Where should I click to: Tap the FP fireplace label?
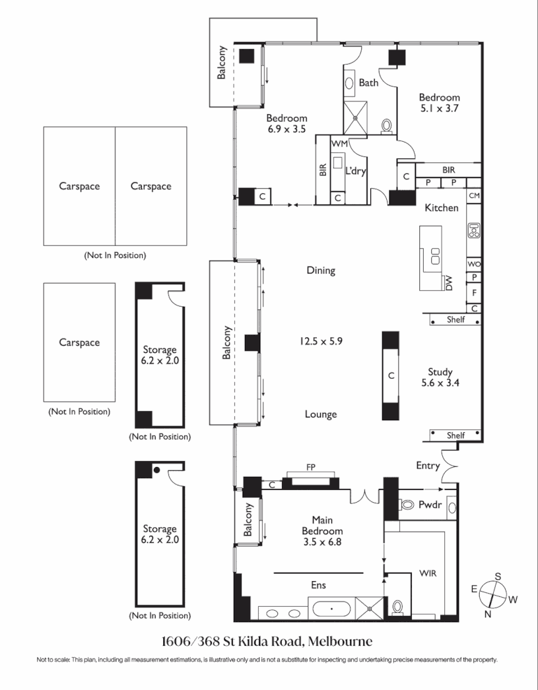(x=310, y=468)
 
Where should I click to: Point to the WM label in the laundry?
(x=339, y=143)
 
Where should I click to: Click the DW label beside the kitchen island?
(x=448, y=282)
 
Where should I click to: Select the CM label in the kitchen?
(x=473, y=196)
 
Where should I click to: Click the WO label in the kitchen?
(x=473, y=264)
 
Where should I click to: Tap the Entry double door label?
(x=428, y=466)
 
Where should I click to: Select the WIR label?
(x=428, y=574)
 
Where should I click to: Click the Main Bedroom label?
(x=322, y=525)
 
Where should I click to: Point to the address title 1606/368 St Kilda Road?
(x=267, y=641)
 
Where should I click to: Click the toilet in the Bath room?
(x=387, y=125)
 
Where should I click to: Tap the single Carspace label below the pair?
(x=79, y=342)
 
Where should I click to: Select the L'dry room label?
(x=356, y=171)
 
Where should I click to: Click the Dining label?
(x=321, y=270)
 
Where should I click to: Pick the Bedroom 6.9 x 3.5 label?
(x=286, y=124)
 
